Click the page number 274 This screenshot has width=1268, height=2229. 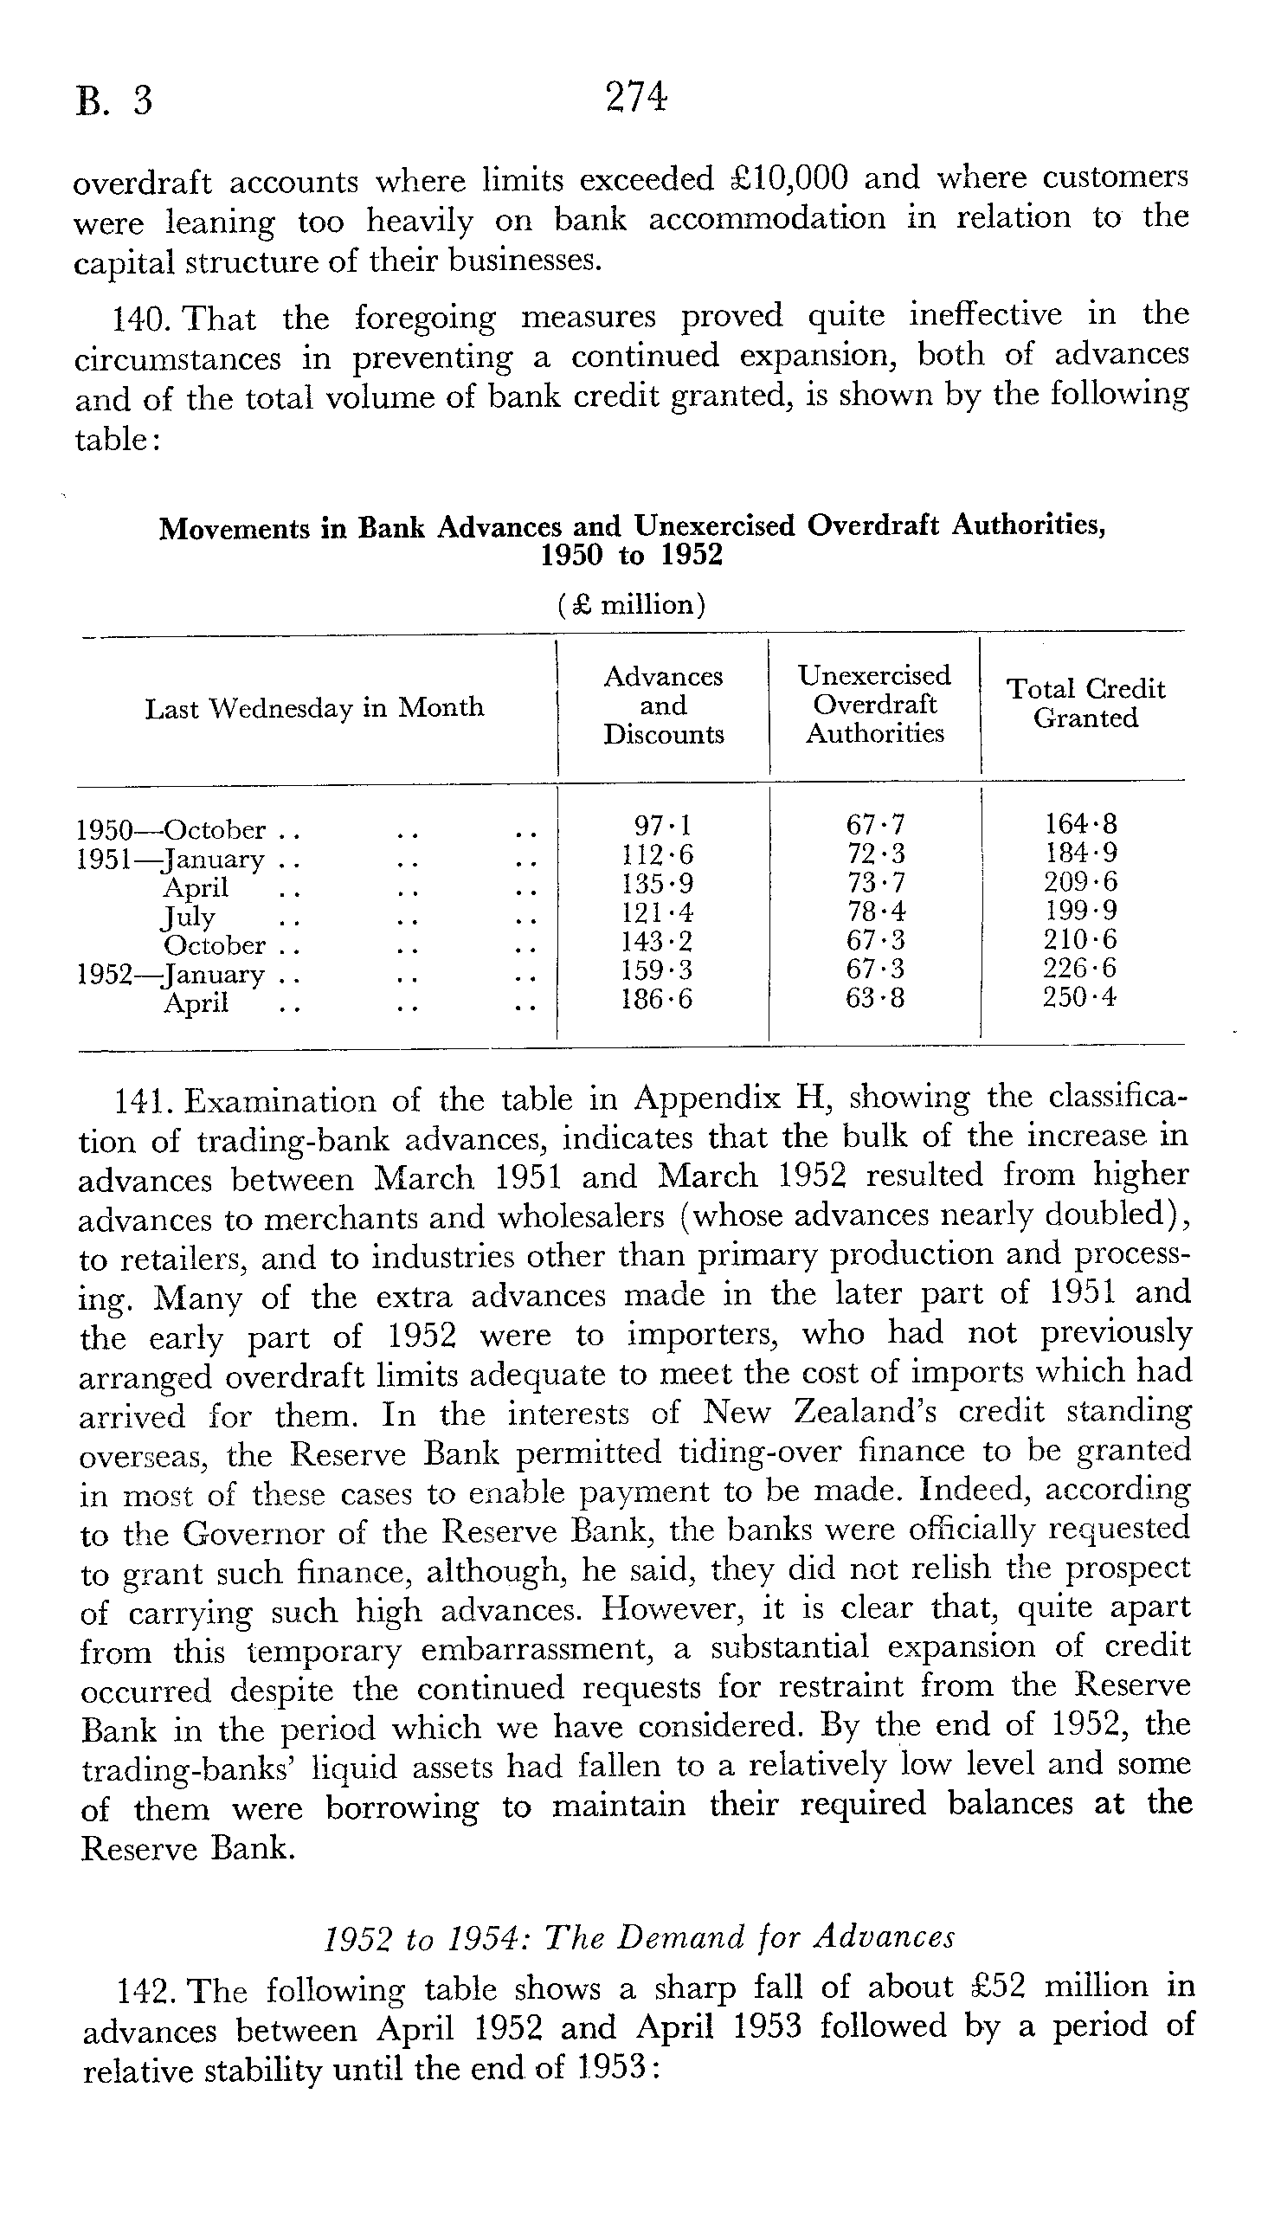(x=637, y=98)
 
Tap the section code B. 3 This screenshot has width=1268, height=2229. (x=114, y=102)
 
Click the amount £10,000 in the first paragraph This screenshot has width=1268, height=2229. (x=788, y=178)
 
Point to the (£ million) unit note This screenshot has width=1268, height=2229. (x=631, y=604)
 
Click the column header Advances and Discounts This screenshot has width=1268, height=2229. (x=664, y=705)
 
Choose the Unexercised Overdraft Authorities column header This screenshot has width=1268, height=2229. (x=874, y=705)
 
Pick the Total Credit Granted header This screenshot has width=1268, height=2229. (x=1086, y=704)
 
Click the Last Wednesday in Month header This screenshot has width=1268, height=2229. (x=313, y=708)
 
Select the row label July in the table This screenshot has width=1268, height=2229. (x=188, y=917)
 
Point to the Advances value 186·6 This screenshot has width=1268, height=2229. (x=657, y=999)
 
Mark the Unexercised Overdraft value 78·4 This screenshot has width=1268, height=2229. (x=875, y=912)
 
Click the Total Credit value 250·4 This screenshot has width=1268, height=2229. (x=1080, y=997)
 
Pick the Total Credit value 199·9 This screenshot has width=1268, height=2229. (x=1080, y=911)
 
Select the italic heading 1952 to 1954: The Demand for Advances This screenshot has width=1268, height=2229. (x=639, y=1936)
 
